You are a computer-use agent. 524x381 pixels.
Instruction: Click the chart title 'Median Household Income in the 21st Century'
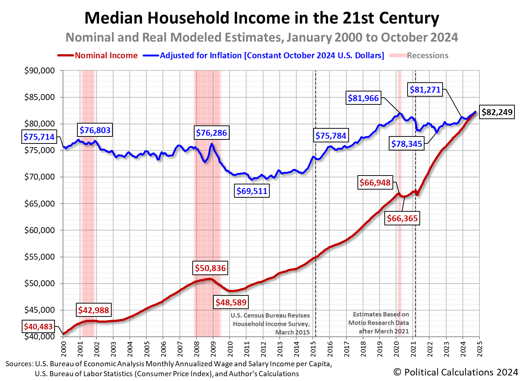click(262, 18)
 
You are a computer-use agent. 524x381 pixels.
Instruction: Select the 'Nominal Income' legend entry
click(106, 56)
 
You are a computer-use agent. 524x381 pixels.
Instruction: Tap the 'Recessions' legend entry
click(427, 56)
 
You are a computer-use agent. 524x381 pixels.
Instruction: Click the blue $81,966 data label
click(363, 98)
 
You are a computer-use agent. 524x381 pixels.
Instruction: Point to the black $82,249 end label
click(497, 112)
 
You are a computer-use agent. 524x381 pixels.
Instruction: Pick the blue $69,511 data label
click(252, 191)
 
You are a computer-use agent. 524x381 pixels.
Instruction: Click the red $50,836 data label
click(210, 268)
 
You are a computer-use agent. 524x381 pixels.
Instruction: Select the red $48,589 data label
click(231, 302)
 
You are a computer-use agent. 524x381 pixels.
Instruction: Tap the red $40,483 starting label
click(38, 326)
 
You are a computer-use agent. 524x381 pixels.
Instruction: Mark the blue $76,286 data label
click(211, 133)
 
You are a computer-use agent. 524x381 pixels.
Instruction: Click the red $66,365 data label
click(402, 218)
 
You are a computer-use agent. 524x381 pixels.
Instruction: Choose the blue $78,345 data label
click(406, 144)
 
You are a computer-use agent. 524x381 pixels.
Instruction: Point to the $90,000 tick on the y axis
click(39, 70)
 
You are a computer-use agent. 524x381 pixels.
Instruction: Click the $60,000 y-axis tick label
click(39, 230)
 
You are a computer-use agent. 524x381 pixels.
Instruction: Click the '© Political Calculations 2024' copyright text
click(455, 372)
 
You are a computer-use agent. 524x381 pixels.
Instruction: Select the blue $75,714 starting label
click(39, 137)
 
